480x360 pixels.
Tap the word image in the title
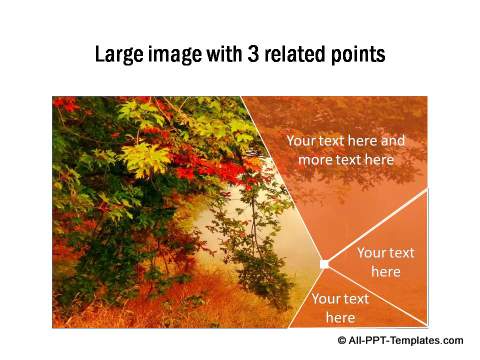176,54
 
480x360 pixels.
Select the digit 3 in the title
256,54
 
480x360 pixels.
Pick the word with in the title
227,54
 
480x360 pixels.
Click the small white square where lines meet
324,264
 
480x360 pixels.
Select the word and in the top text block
392,141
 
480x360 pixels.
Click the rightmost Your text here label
385,262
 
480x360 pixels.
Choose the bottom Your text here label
340,308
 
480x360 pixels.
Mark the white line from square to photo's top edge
283,180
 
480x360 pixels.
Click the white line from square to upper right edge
375,226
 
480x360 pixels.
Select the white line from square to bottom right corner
375,295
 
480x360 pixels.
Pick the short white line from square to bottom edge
306,297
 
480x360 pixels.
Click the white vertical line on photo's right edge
427,255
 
